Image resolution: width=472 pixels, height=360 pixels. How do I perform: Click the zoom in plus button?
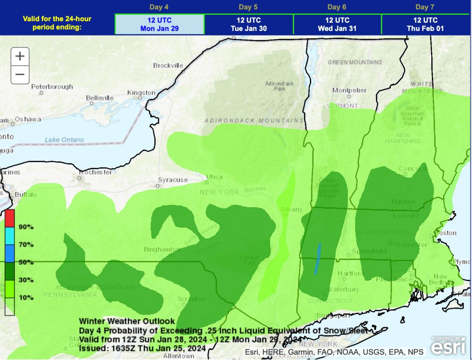[x=20, y=56]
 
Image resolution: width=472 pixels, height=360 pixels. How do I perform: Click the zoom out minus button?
[x=20, y=74]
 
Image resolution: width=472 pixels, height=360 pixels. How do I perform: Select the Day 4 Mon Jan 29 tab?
[x=159, y=24]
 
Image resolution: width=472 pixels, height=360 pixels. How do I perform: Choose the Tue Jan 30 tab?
[x=248, y=24]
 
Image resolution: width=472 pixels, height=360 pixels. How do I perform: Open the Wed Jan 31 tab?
[x=337, y=24]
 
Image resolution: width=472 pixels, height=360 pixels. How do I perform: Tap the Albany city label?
[x=291, y=210]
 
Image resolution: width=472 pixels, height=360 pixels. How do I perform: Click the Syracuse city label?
[x=173, y=180]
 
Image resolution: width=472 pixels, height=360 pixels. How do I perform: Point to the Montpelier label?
[x=349, y=90]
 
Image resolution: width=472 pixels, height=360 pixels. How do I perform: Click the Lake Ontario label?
[x=65, y=140]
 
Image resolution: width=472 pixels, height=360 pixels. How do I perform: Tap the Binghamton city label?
[x=161, y=249]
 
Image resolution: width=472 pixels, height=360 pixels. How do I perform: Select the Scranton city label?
[x=190, y=299]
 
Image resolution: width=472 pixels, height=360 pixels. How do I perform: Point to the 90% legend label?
[x=26, y=227]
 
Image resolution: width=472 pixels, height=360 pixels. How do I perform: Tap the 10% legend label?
[x=26, y=298]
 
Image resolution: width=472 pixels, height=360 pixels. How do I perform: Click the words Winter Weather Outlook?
[x=127, y=321]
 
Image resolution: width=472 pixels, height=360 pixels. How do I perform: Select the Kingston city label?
[x=141, y=93]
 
